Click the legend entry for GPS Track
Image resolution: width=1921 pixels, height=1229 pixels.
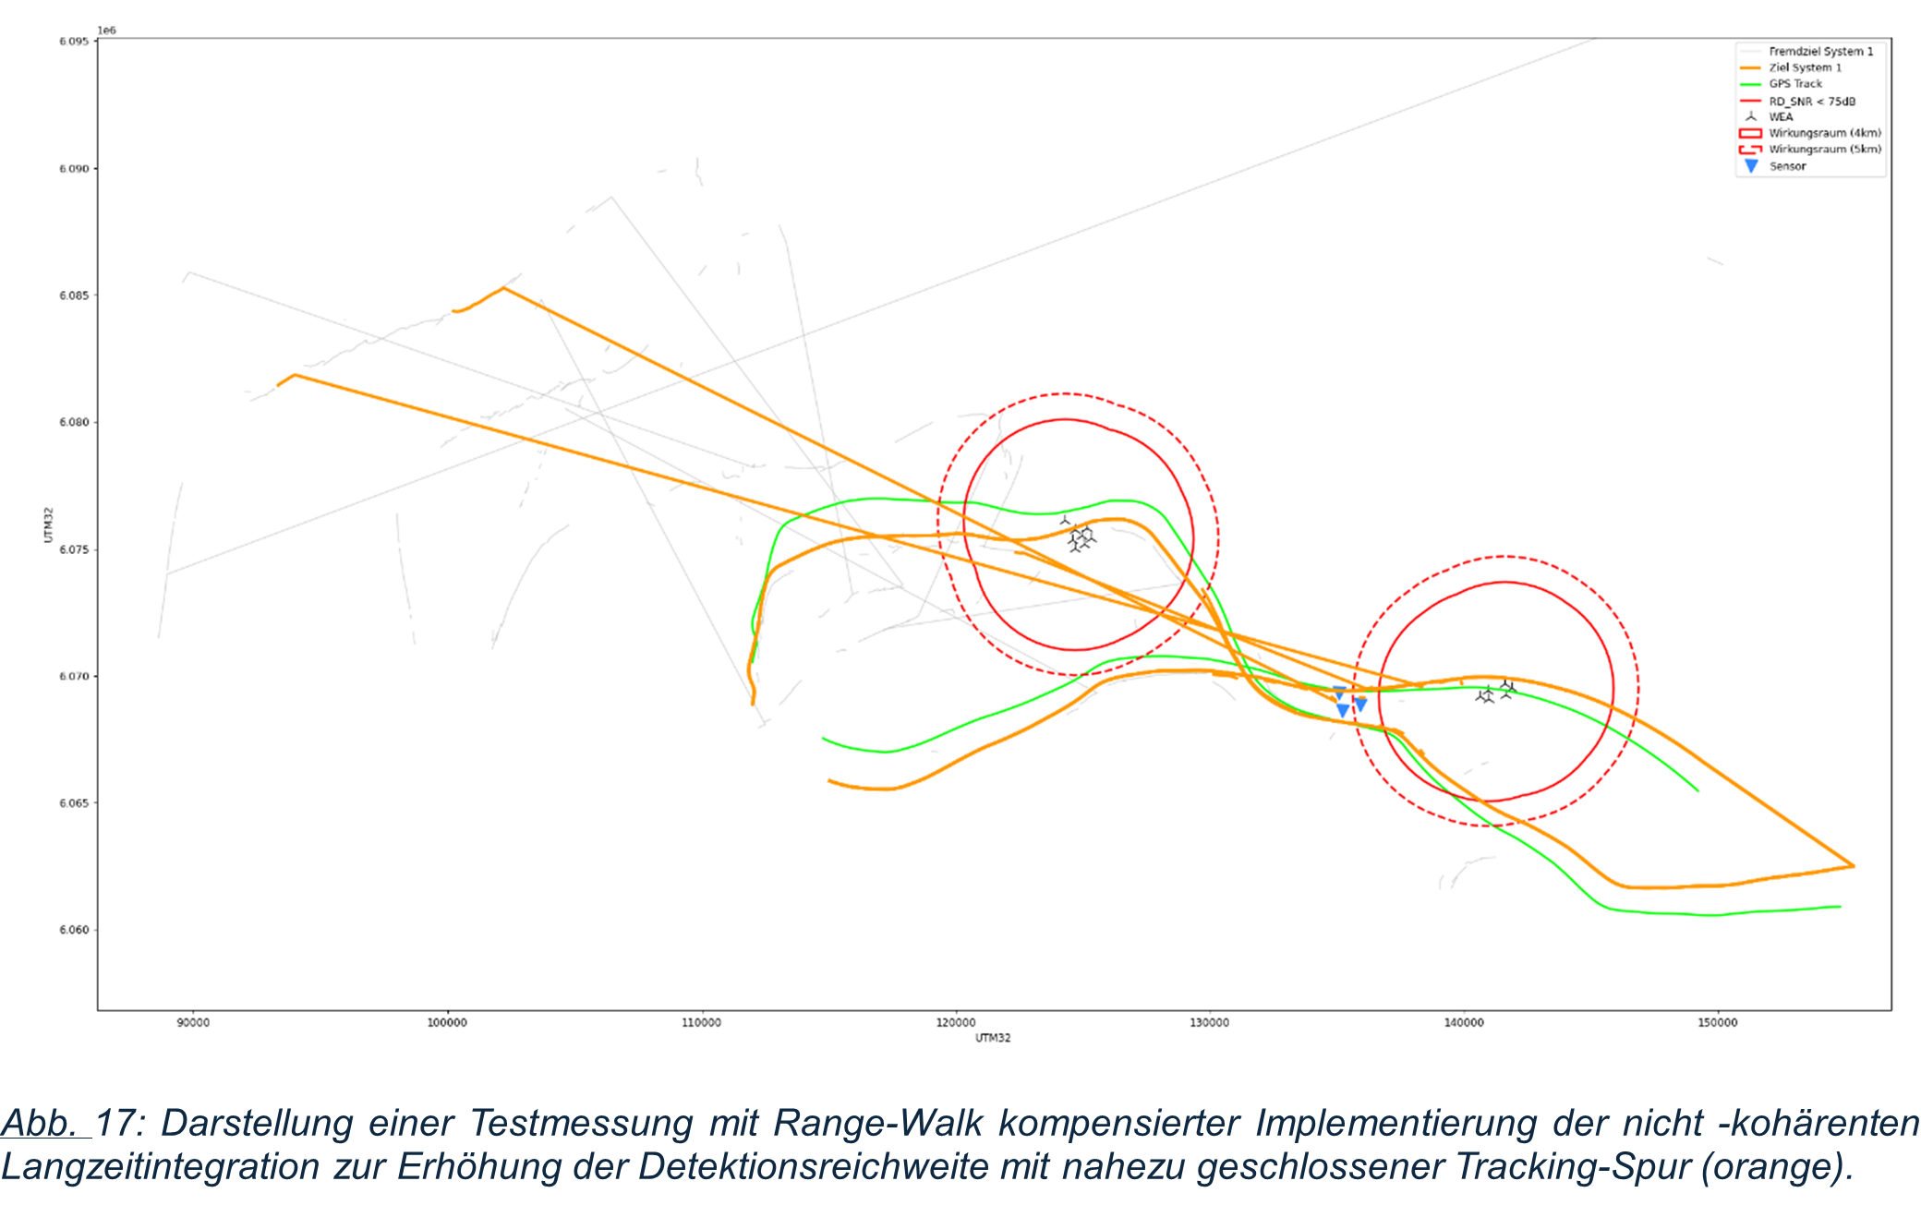click(1794, 84)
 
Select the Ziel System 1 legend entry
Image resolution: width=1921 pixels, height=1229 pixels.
click(1805, 67)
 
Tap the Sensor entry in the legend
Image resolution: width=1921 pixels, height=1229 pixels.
click(1787, 166)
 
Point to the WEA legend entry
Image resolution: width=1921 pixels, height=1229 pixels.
click(1781, 117)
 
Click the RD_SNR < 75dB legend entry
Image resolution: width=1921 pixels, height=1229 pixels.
click(1811, 102)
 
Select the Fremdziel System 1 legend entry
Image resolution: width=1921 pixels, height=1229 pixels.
click(1820, 52)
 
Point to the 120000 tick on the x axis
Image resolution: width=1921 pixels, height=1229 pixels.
click(955, 1022)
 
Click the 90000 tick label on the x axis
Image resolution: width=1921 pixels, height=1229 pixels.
click(193, 1022)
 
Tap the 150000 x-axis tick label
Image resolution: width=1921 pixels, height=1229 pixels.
click(1717, 1022)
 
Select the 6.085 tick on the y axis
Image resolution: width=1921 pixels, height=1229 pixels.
click(74, 295)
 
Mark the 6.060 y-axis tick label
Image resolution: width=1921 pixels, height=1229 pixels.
click(74, 930)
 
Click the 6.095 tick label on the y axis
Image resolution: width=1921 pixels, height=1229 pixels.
click(74, 42)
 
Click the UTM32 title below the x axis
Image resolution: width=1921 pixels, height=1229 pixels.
click(993, 1038)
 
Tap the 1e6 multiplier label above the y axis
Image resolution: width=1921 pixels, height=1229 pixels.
click(107, 30)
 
